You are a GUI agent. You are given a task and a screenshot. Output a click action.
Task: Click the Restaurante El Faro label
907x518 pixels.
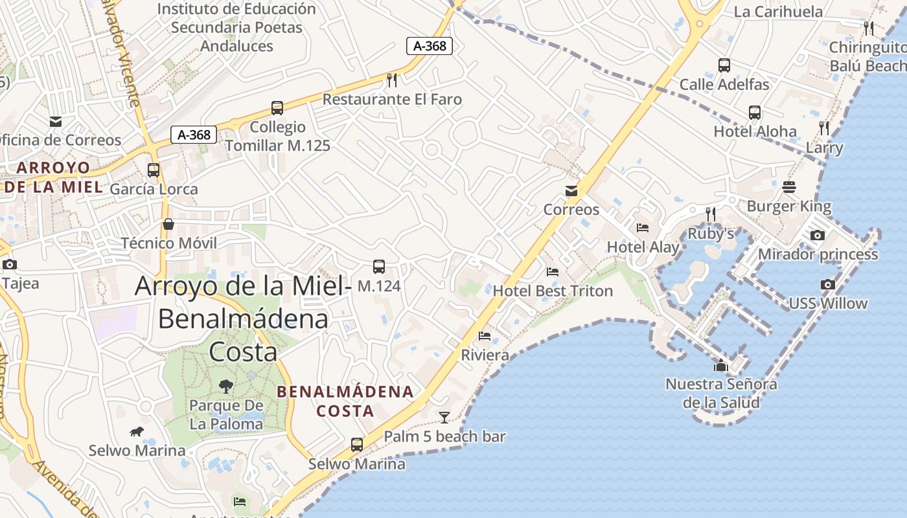392,99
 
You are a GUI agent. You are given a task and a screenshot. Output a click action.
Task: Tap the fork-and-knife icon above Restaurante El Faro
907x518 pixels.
391,80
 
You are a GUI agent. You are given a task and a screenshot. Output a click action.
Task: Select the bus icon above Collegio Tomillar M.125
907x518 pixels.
277,108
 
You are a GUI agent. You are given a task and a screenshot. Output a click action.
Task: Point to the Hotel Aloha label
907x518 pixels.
755,131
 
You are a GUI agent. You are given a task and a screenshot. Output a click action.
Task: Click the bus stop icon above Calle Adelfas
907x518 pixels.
724,65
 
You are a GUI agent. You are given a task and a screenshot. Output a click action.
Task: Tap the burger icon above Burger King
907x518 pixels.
789,188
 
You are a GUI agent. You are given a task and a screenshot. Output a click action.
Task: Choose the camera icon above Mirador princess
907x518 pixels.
818,236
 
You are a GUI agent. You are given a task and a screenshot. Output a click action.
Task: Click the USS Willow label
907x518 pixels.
827,303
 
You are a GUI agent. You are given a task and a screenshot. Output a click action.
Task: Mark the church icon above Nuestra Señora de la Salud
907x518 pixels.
720,366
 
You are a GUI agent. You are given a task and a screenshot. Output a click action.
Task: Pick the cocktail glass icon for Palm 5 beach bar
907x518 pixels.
444,418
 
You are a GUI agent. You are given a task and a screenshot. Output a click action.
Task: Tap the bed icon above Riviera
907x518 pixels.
485,336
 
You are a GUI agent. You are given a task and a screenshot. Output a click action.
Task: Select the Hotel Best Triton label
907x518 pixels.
553,291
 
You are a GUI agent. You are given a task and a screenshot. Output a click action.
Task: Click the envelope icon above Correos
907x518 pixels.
571,191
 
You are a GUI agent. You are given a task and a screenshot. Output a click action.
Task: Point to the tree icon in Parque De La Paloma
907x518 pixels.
226,387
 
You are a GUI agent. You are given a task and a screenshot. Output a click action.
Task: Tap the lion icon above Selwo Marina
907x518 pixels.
137,432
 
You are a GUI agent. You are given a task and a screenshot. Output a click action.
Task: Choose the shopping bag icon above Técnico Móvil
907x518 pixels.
168,225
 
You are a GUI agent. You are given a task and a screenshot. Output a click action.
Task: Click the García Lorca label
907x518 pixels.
154,189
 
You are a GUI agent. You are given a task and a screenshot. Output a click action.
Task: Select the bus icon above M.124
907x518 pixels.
379,267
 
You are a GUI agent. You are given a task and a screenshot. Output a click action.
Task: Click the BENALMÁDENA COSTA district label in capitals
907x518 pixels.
345,401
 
